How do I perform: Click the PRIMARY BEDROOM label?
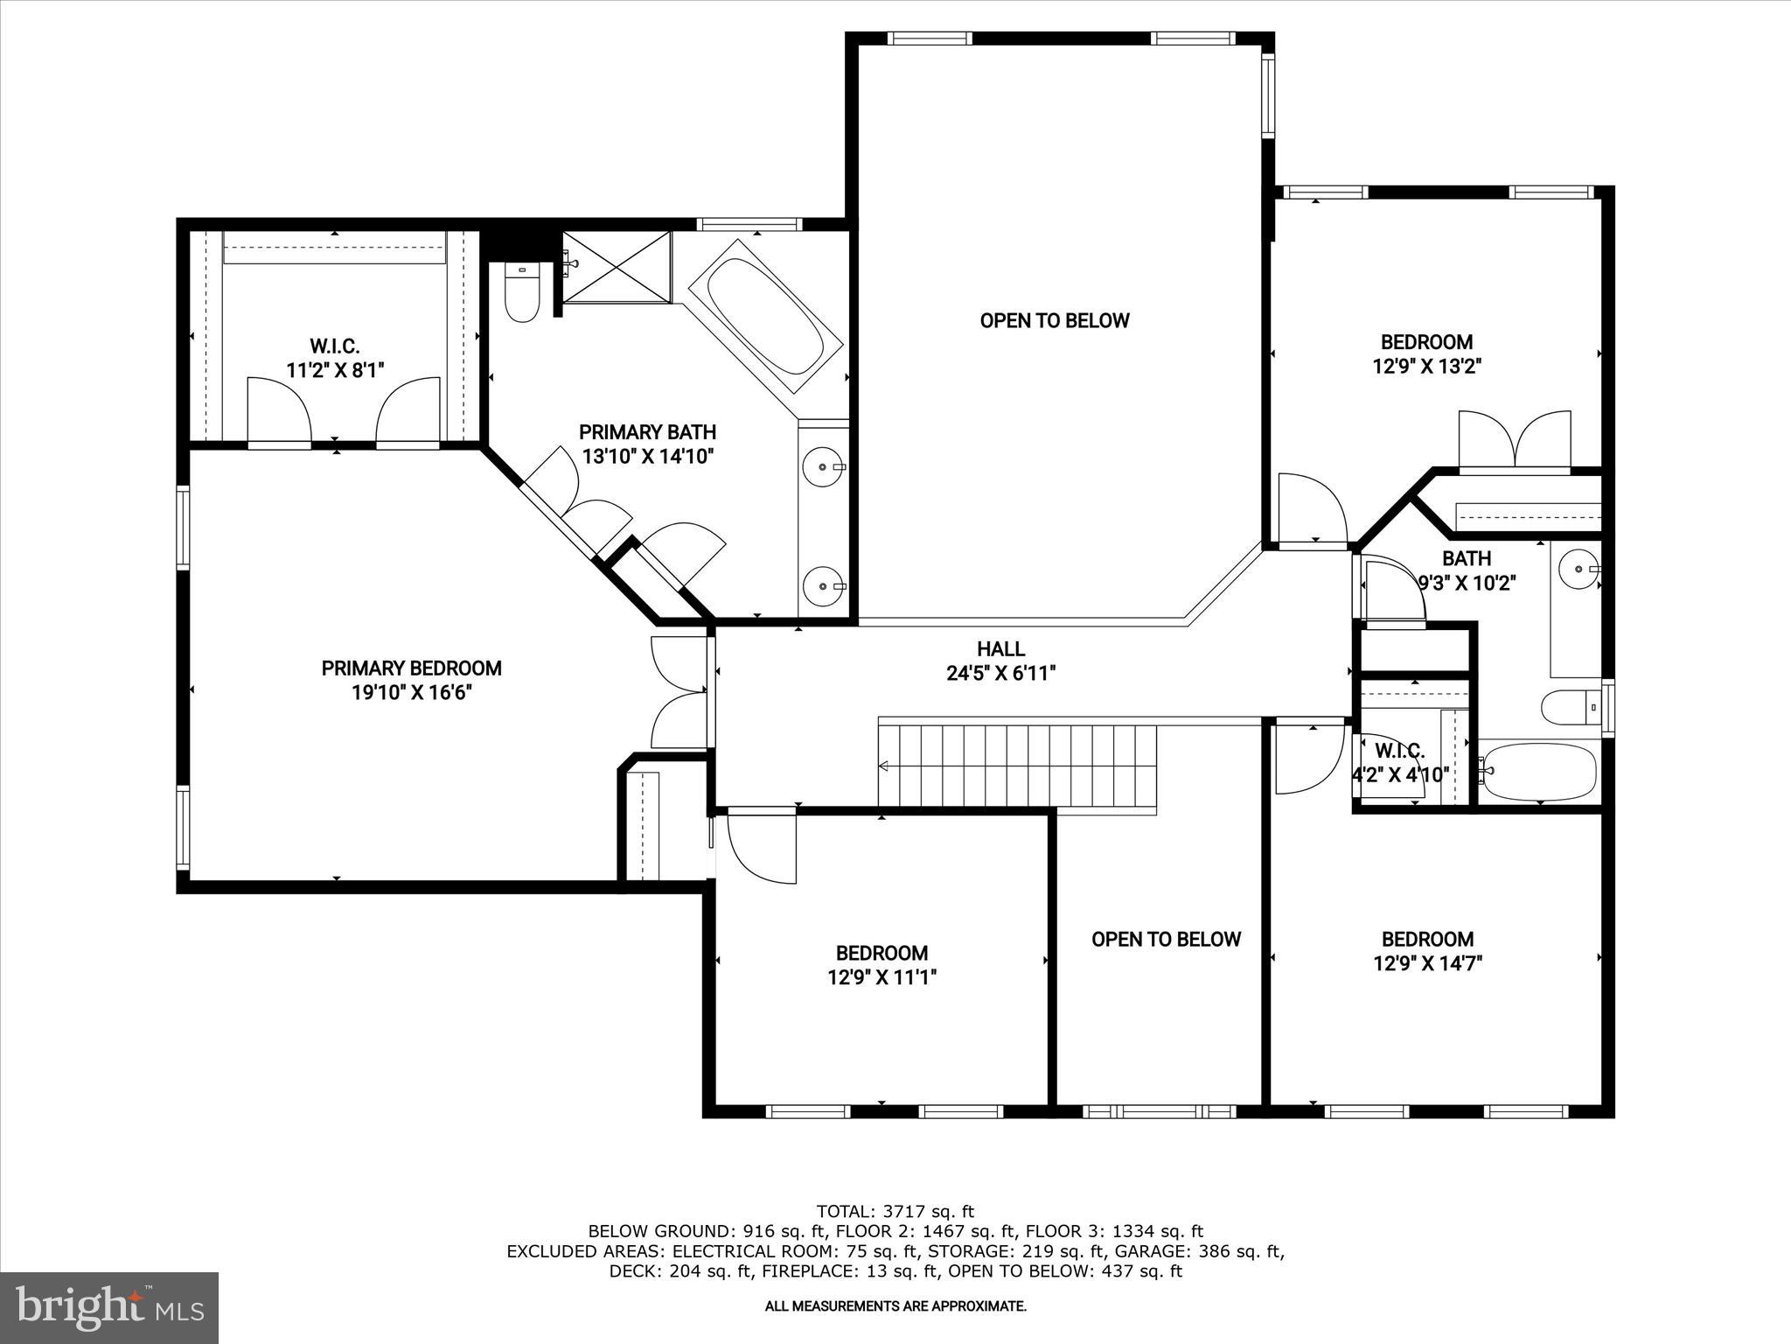[x=411, y=668]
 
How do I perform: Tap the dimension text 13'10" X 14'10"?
[x=648, y=456]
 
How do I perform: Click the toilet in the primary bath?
[x=522, y=293]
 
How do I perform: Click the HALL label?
[x=1000, y=649]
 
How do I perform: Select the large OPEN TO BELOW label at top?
[x=1055, y=320]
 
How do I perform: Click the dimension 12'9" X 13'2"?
[x=1426, y=367]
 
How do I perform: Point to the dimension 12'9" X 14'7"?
[x=1427, y=963]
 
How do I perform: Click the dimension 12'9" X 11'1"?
[x=882, y=977]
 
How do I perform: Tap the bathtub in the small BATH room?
[x=1538, y=771]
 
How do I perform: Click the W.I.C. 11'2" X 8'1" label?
[x=335, y=358]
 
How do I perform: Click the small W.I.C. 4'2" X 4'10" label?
[x=1399, y=762]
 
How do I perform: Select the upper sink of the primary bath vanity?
[x=822, y=466]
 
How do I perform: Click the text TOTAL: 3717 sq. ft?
[x=895, y=1212]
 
